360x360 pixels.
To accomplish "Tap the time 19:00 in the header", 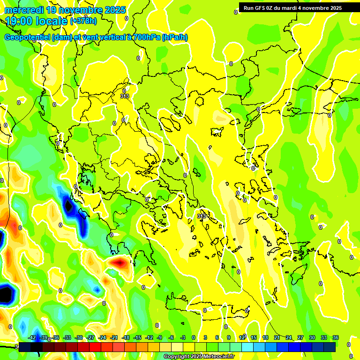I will pos(22,21).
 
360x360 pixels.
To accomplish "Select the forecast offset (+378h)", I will pos(83,21).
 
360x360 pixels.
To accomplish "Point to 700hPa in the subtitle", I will pos(146,37).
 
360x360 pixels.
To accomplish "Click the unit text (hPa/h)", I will pos(175,37).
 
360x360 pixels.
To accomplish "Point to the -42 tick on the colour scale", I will pos(32,337).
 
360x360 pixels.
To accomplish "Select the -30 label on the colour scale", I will pos(79,337).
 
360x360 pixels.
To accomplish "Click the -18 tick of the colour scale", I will pos(126,337).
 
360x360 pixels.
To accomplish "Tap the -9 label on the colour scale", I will pos(159,337).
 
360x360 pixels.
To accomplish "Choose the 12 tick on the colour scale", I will pos(242,337).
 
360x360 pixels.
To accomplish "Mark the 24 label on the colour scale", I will pos(289,337).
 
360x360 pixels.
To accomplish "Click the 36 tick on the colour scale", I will pos(336,337).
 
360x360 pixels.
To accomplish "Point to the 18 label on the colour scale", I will pos(265,337).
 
